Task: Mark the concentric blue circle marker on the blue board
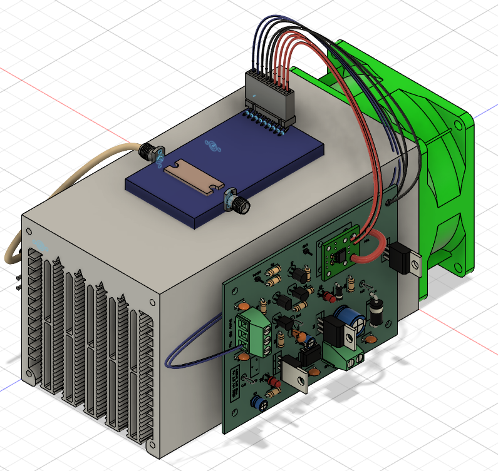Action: pos(212,146)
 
